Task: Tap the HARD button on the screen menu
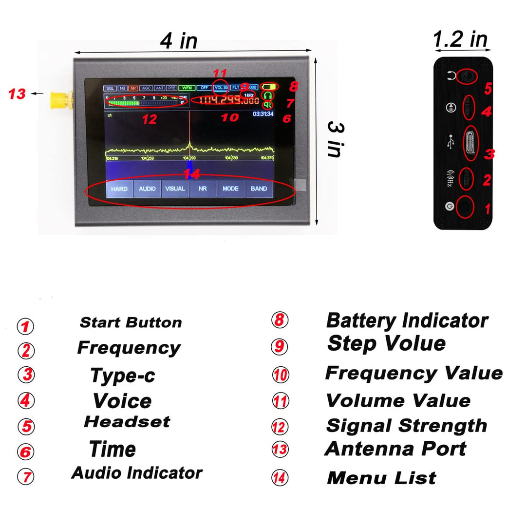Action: coord(119,188)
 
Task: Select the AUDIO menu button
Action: coord(147,188)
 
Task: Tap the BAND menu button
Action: coord(259,188)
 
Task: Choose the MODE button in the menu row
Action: coord(231,188)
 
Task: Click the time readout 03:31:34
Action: coord(263,114)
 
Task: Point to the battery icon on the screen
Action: coord(268,87)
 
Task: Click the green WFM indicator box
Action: coord(186,88)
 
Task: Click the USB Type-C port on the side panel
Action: coord(470,143)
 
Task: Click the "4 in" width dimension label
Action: coord(178,41)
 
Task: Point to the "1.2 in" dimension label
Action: coord(460,39)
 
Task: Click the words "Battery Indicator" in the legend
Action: coord(407,320)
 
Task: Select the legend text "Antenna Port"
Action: coord(395,449)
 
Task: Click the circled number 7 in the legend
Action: coord(26,476)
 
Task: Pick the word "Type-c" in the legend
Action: coord(123,376)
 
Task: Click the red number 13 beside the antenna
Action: coord(17,94)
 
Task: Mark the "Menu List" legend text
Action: coord(381,478)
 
